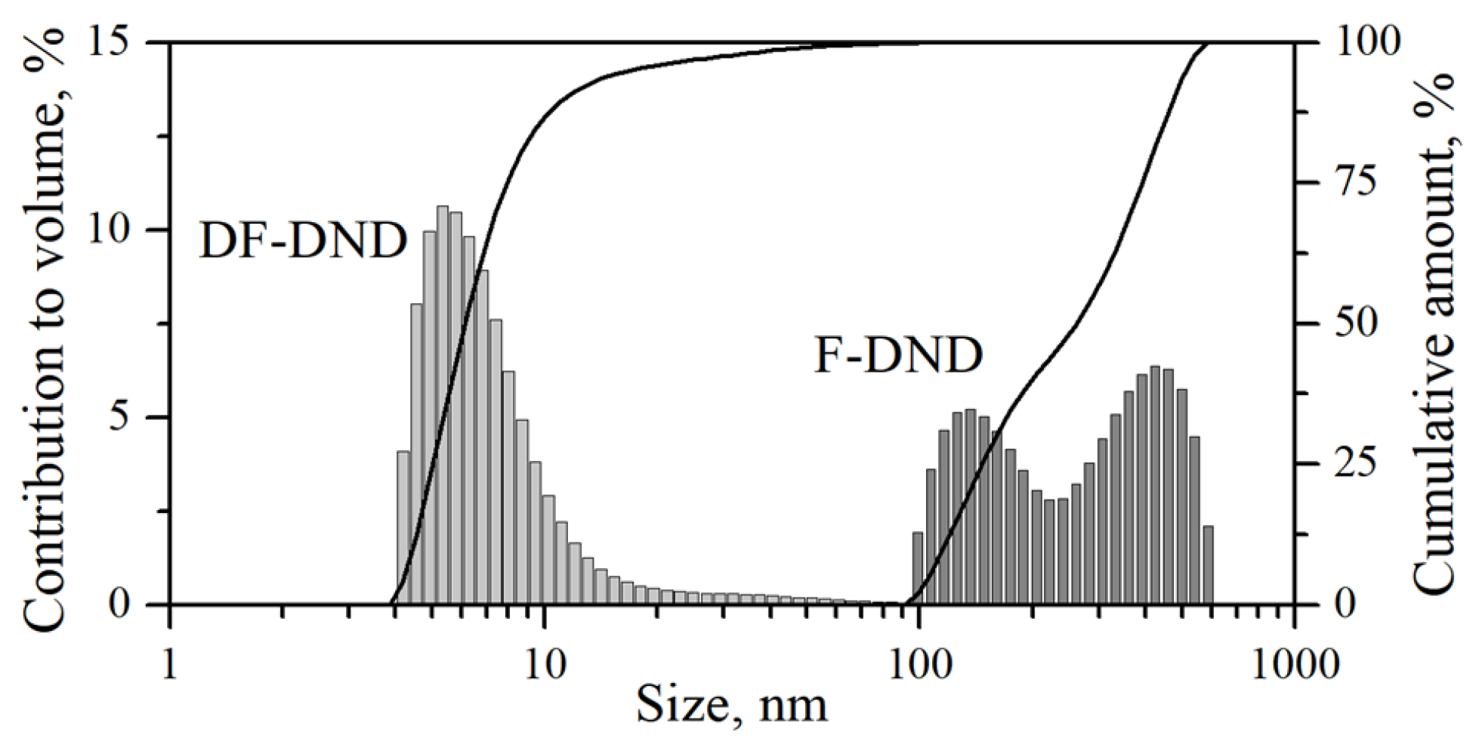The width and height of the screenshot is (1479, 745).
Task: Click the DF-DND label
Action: [x=303, y=242]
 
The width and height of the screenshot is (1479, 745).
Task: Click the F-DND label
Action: [x=898, y=356]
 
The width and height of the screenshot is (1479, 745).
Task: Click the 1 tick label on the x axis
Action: [x=171, y=666]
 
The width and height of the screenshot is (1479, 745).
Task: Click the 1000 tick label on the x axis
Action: [x=1294, y=666]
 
